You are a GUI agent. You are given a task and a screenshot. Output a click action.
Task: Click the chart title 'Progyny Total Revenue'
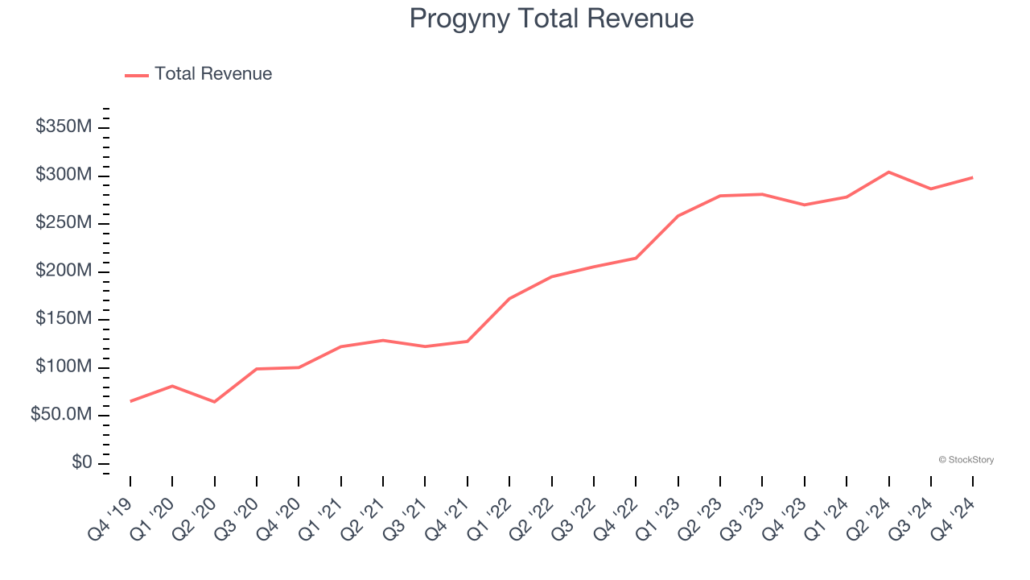(x=551, y=19)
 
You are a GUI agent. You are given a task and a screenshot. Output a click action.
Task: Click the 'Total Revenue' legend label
(x=213, y=74)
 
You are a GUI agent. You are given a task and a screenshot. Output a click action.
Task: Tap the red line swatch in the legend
(x=137, y=75)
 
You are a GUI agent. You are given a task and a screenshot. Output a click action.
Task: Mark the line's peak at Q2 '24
(x=888, y=172)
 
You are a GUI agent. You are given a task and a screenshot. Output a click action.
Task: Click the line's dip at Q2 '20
(x=214, y=401)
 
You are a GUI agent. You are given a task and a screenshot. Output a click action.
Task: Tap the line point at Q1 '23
(x=678, y=216)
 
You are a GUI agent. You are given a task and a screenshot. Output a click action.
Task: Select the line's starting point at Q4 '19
(x=130, y=401)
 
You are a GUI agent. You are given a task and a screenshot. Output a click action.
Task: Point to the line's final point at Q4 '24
(x=972, y=177)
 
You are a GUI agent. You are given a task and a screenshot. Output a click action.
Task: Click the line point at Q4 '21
(x=468, y=342)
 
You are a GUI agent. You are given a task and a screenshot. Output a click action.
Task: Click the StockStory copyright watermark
(x=966, y=460)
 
